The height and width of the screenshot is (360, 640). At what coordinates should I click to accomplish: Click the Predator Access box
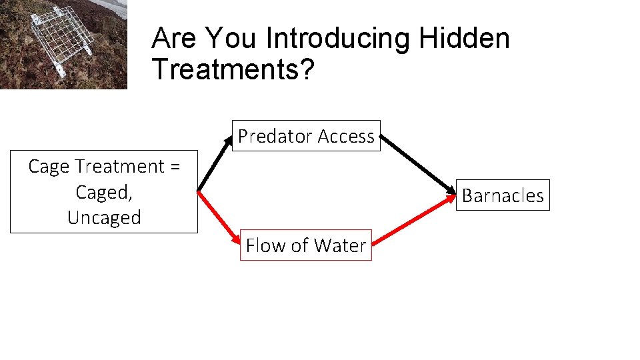click(x=306, y=136)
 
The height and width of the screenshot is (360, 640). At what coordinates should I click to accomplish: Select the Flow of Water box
click(x=306, y=245)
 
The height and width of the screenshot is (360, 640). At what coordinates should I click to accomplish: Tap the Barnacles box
click(x=503, y=195)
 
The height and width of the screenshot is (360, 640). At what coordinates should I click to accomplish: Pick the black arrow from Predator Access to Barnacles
click(x=419, y=163)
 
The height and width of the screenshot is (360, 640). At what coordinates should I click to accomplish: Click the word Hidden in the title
click(x=464, y=39)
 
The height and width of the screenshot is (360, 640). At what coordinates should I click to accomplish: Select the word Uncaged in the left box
click(x=104, y=218)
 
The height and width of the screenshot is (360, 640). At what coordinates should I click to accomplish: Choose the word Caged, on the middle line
click(x=104, y=192)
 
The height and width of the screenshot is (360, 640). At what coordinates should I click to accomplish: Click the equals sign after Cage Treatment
click(x=175, y=167)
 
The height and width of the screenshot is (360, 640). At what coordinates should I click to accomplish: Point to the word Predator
click(x=275, y=136)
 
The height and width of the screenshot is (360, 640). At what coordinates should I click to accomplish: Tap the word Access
click(x=346, y=136)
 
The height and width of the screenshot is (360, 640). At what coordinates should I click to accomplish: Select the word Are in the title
click(x=175, y=39)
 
